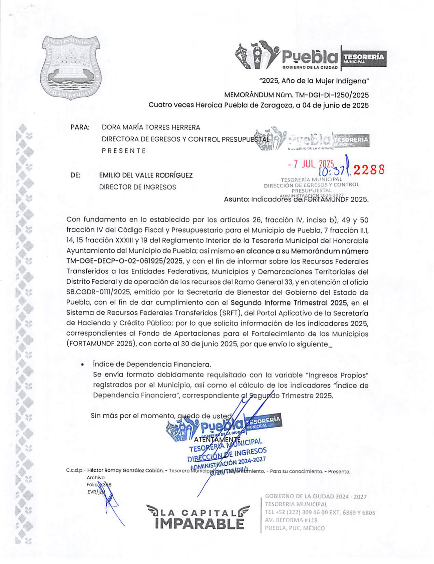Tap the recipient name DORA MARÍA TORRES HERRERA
[151, 128]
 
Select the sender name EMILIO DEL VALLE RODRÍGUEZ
[146, 175]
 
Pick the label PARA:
[80, 128]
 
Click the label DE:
[75, 175]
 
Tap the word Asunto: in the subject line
[236, 200]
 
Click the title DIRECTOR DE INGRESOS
[138, 187]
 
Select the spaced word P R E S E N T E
[124, 151]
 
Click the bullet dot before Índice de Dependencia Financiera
[83, 365]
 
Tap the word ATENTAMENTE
[217, 439]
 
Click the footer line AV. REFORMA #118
[291, 520]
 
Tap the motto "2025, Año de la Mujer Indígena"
[314, 81]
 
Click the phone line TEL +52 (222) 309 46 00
[300, 512]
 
